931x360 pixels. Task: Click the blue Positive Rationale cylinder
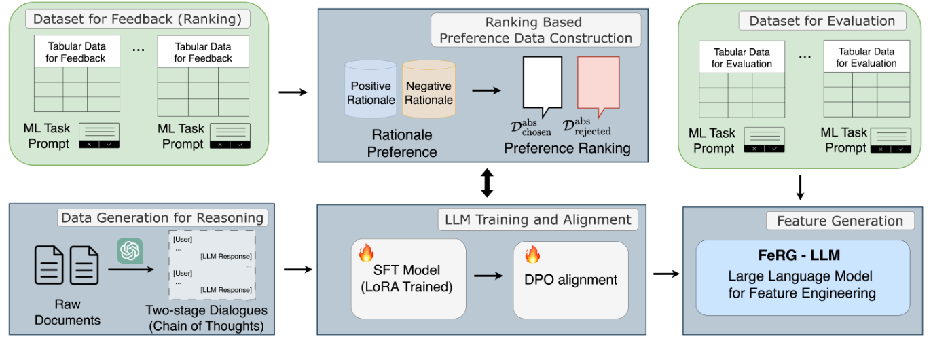pos(370,92)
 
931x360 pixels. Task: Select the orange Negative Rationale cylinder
pos(428,92)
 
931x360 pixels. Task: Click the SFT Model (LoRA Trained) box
pos(408,278)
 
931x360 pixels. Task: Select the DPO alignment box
pos(570,279)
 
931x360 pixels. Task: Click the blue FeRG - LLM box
pos(802,276)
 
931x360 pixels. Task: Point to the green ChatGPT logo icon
pos(129,251)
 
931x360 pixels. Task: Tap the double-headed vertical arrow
pos(486,183)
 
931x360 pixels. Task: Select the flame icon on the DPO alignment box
pos(531,255)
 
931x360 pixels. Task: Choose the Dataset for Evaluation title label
pos(822,21)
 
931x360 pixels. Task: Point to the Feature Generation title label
pos(839,221)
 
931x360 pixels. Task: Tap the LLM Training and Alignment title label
pos(537,219)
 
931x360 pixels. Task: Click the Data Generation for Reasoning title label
pos(162,218)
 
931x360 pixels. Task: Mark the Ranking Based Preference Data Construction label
pos(535,31)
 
